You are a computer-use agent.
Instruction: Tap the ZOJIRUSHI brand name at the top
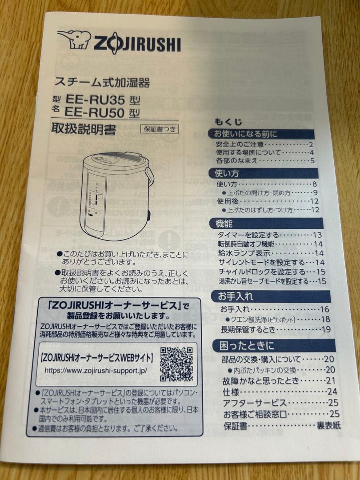(136, 44)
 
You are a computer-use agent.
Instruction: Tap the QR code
(176, 364)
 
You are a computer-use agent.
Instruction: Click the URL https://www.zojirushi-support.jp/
(96, 370)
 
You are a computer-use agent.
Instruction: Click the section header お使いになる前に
(246, 134)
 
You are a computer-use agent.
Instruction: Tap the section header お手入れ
(236, 296)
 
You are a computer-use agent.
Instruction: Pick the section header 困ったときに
(245, 345)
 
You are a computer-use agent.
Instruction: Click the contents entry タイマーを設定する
(248, 235)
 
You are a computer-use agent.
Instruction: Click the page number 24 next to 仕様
(332, 392)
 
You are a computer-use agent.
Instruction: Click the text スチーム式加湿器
(102, 82)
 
